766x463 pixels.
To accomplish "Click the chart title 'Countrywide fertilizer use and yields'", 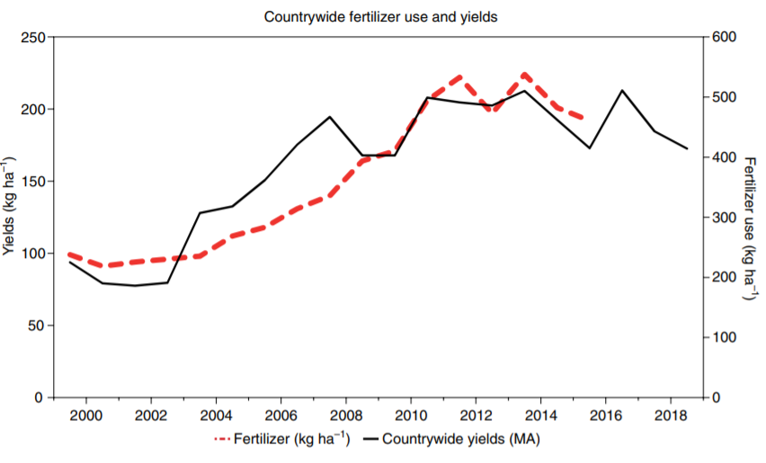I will (x=380, y=16).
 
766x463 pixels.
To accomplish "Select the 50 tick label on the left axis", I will (x=34, y=325).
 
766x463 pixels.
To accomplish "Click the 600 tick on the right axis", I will (x=724, y=37).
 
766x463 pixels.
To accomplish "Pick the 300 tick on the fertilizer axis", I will (x=724, y=218).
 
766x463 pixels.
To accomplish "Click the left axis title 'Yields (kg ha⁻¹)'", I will (x=10, y=206).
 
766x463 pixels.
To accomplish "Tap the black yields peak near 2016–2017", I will (x=621, y=90).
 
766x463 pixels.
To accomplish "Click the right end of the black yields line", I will (x=687, y=148).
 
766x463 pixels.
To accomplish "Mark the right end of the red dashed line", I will (x=589, y=120).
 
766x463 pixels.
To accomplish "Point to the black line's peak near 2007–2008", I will (x=330, y=117).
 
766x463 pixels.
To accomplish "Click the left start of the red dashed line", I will (x=70, y=254).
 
